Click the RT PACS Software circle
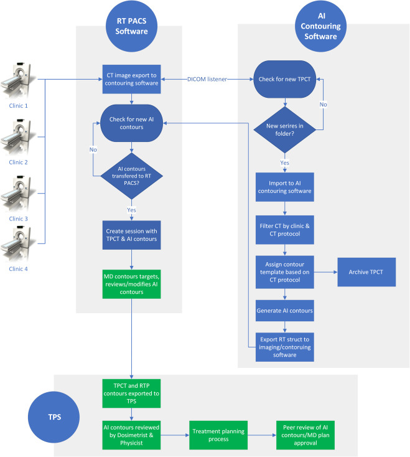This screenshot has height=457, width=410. point(132,26)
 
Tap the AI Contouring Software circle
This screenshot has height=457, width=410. point(320,26)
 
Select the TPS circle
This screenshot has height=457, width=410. point(54,417)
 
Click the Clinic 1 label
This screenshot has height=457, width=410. point(18,106)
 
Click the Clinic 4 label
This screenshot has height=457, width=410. point(18,269)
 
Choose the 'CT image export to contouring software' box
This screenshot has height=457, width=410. point(132,79)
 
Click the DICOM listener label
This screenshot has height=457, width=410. point(207,79)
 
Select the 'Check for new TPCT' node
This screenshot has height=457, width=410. point(285,79)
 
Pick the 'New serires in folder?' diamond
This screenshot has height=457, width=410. point(285,130)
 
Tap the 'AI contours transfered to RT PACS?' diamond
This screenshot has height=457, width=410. point(132,176)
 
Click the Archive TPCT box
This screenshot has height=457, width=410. point(366,272)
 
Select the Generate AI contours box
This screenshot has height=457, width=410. point(285,311)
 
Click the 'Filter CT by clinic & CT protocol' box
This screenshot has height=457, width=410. point(285,230)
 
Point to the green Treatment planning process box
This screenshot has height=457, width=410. point(218,435)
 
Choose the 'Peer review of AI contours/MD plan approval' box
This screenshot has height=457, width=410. point(305,435)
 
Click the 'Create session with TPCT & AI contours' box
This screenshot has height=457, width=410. point(132,235)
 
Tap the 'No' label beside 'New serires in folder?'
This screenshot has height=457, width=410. point(324,105)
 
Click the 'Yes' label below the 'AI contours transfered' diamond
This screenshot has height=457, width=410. point(132,210)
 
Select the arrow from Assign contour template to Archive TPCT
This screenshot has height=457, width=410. point(326,272)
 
